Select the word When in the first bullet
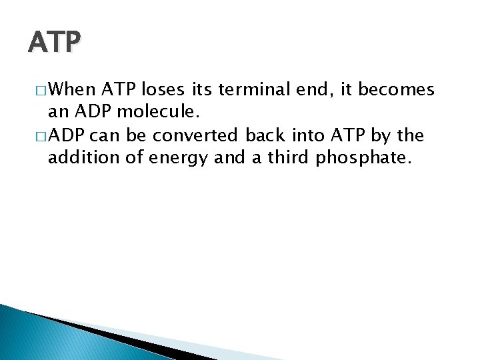pos(75,90)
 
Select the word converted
pos(195,136)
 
